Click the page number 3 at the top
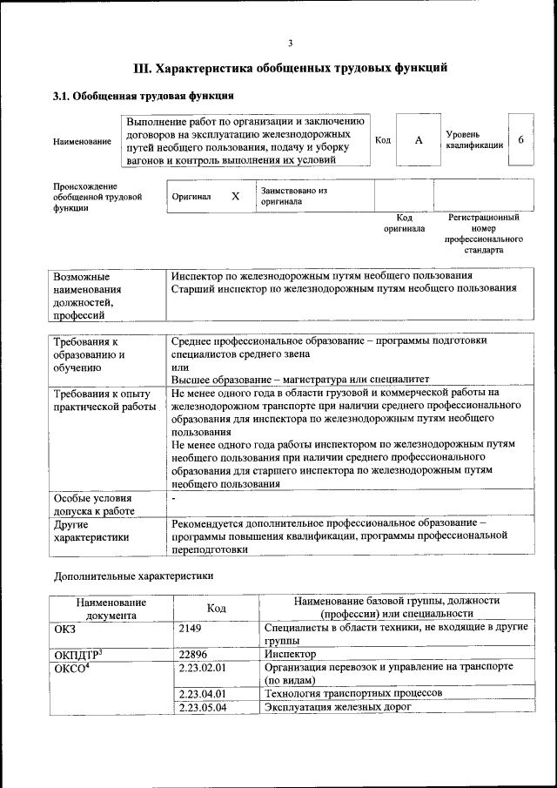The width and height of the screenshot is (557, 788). click(290, 44)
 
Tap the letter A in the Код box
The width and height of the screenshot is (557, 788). click(419, 140)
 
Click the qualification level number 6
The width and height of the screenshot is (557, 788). click(520, 140)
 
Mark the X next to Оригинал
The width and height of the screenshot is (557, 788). click(235, 196)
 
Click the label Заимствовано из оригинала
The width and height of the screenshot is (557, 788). click(293, 195)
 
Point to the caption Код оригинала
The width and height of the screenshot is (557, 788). click(404, 223)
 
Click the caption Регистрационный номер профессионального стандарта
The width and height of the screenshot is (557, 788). click(483, 232)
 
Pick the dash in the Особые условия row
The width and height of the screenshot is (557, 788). click(174, 498)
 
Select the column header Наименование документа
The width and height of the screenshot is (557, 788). click(111, 608)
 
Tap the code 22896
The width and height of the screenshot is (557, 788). click(193, 653)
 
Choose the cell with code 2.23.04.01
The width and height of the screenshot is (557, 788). click(202, 693)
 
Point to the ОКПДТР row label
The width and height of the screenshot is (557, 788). click(78, 653)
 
